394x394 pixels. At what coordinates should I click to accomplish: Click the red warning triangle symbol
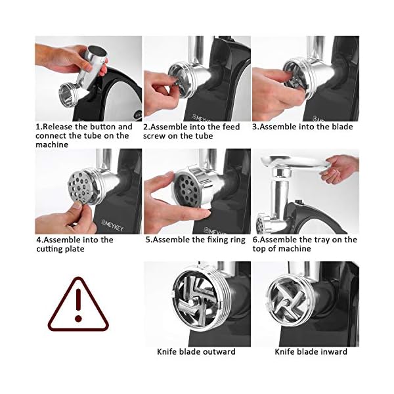pos(78,326)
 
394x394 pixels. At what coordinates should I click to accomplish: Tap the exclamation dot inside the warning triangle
pos(78,318)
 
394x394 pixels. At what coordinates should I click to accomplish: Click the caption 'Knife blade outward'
pos(196,351)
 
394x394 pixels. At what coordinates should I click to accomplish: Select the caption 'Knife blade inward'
pos(311,351)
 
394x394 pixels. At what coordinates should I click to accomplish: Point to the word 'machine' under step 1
pos(52,144)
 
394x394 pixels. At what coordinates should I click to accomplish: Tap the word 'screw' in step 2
pos(154,136)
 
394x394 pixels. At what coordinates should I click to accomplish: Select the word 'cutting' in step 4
pos(49,249)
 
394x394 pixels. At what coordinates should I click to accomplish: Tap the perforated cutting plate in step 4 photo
pos(79,187)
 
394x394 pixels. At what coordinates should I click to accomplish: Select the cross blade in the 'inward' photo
pos(288,300)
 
